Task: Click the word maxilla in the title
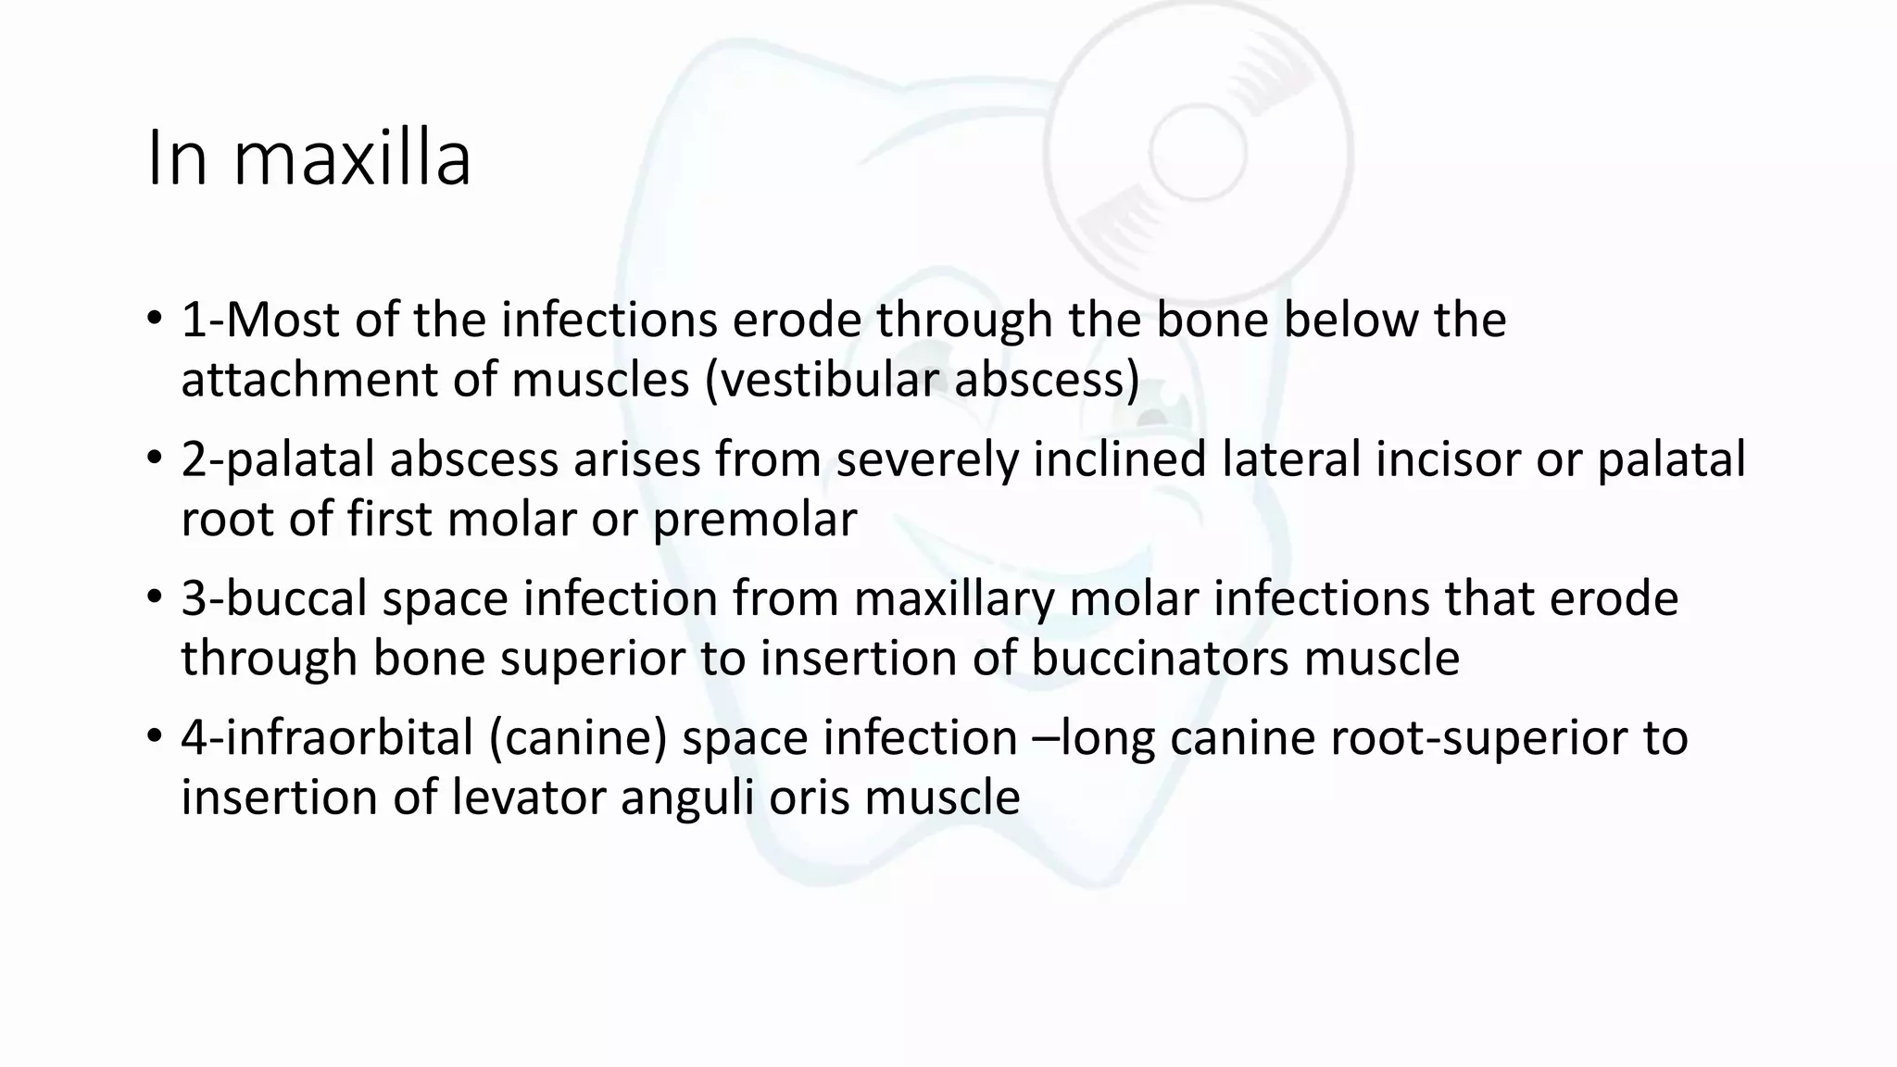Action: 352,159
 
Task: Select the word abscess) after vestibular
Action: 1047,380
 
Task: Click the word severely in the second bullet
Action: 927,459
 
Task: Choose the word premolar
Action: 755,520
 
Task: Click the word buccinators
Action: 1159,659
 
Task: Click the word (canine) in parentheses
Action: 578,738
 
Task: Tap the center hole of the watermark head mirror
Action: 1198,151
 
